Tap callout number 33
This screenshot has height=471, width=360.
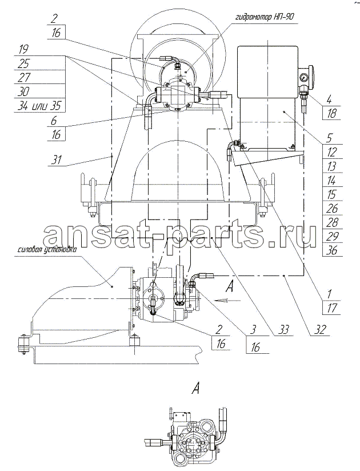[283, 330]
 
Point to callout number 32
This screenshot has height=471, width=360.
[320, 330]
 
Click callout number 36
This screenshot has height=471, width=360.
[332, 250]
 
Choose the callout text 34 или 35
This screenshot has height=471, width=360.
[39, 105]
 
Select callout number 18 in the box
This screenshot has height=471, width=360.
[332, 114]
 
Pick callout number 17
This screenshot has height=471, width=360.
[332, 308]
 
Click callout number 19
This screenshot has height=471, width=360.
[24, 50]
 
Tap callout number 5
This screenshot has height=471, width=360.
[329, 138]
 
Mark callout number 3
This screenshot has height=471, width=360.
[254, 330]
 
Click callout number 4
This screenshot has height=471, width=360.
[329, 99]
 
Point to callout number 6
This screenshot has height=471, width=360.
[54, 121]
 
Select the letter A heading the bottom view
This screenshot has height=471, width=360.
[196, 390]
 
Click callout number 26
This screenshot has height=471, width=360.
[332, 209]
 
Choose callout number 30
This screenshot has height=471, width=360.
[24, 91]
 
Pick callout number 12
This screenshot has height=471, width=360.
[332, 152]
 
